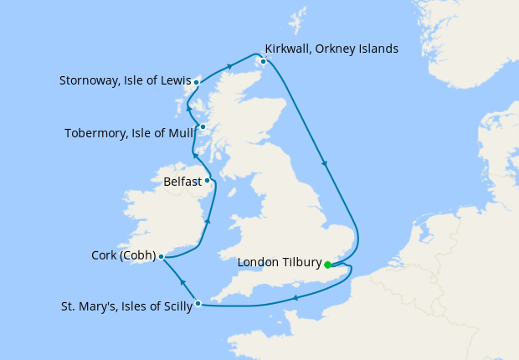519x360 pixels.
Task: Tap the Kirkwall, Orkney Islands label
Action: click(x=331, y=49)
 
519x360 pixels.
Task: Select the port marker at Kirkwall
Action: click(x=264, y=61)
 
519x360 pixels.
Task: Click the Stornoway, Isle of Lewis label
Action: click(x=125, y=82)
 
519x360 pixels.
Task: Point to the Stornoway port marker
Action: click(x=196, y=82)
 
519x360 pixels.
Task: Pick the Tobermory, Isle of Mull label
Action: click(x=130, y=132)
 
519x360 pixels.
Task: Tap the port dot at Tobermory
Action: click(x=203, y=127)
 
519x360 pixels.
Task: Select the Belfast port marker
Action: click(x=208, y=180)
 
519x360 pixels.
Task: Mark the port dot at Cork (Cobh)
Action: click(x=161, y=258)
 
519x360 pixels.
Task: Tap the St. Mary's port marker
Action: click(x=198, y=303)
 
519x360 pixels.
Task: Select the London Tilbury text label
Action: click(x=280, y=263)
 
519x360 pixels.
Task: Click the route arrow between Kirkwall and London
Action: click(x=324, y=164)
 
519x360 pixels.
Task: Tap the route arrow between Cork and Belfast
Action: click(x=207, y=219)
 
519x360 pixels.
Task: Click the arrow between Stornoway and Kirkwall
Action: click(x=229, y=64)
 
